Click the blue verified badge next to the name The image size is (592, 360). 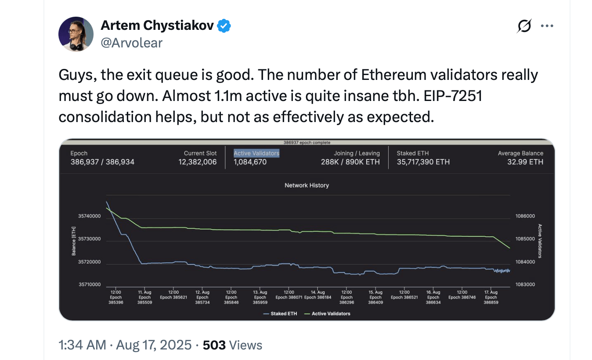(x=224, y=26)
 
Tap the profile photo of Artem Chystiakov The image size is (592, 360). (x=76, y=34)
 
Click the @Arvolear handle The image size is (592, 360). (x=132, y=43)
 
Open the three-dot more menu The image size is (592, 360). (x=547, y=26)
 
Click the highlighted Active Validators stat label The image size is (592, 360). (x=256, y=153)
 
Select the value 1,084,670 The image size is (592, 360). (x=250, y=162)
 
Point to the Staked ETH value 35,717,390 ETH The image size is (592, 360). (x=423, y=162)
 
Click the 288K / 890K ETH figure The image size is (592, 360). (x=350, y=162)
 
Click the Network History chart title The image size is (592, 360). (x=307, y=185)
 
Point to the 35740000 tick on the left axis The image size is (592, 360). (x=90, y=216)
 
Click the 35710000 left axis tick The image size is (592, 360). (x=90, y=285)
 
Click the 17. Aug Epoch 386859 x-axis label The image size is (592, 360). (x=491, y=297)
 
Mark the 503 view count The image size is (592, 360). (x=214, y=345)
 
